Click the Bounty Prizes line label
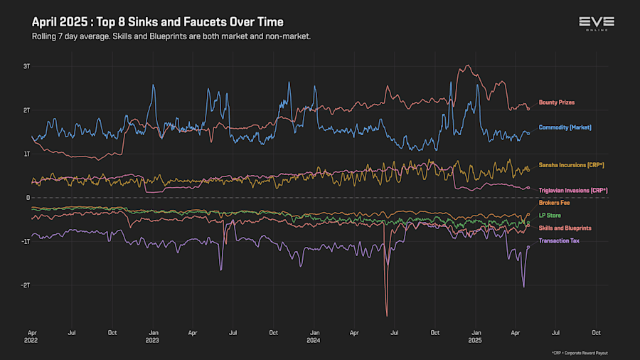(x=556, y=102)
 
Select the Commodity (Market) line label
(x=565, y=127)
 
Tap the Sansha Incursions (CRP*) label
(x=571, y=165)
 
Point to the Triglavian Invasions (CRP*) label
(x=573, y=191)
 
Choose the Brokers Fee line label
(x=555, y=203)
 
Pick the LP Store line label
(x=550, y=215)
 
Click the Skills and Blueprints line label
(x=565, y=228)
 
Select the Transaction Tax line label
(x=559, y=240)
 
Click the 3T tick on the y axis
(x=26, y=66)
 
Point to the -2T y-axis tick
(x=25, y=285)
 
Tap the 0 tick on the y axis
(x=28, y=198)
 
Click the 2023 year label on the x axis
(x=152, y=340)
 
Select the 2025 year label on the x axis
(x=476, y=340)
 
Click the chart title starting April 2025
(x=157, y=22)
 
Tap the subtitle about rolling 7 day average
(x=171, y=36)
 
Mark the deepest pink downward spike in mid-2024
(x=387, y=315)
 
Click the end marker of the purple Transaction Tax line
(x=528, y=247)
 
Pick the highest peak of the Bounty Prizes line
(x=466, y=65)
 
